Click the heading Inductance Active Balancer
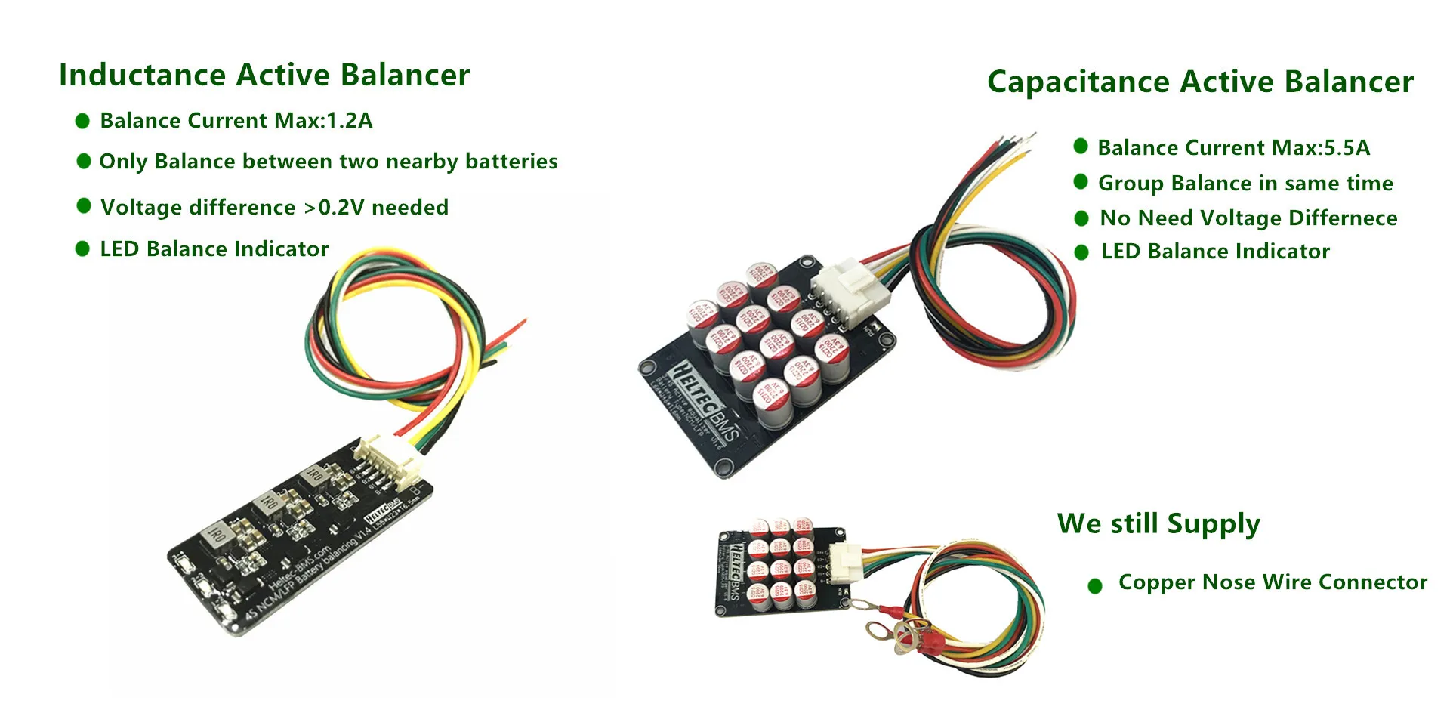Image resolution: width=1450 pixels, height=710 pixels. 264,76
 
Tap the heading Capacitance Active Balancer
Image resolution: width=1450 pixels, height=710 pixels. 1200,82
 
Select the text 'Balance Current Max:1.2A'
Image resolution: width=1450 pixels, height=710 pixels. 236,121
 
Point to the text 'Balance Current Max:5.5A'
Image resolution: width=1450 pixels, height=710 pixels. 1233,147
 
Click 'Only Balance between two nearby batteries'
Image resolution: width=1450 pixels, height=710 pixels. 329,162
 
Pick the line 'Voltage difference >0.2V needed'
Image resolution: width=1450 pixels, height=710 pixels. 274,207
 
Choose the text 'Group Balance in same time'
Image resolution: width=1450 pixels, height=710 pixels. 1245,183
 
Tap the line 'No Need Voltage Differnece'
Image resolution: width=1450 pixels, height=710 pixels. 1248,218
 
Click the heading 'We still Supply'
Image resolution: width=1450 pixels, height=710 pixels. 1158,523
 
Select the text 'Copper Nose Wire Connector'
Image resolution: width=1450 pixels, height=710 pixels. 1273,582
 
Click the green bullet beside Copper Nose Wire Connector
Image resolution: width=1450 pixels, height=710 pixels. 1094,585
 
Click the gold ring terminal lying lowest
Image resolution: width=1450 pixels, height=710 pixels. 904,643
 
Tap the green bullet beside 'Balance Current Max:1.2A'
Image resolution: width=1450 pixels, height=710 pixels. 82,121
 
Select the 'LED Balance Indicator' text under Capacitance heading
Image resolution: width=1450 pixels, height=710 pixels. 1215,252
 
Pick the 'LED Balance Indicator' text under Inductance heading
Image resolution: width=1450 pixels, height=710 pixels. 214,249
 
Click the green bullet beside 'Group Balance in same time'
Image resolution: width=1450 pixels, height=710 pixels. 1081,182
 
